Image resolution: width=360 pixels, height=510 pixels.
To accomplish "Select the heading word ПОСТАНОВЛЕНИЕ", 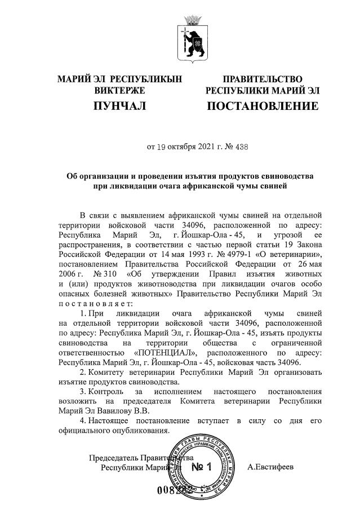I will pos(263,106).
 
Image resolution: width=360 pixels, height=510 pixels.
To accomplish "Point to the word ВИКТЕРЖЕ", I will pos(119,90).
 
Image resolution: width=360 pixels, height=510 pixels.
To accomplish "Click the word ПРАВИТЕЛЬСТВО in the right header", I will pos(263,79).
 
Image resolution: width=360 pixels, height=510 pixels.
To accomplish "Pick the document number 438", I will pos(241,147).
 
